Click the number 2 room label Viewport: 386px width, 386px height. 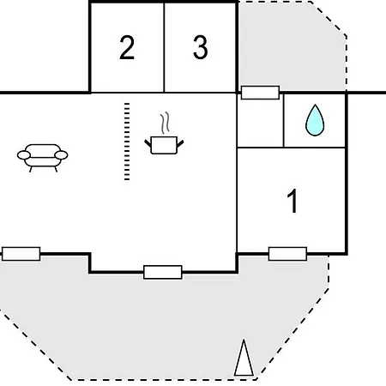coord(127,48)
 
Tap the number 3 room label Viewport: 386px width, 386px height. coord(200,48)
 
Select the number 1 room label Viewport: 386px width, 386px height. coord(293,202)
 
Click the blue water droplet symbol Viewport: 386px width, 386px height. coord(315,122)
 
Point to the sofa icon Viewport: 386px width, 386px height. coord(42,157)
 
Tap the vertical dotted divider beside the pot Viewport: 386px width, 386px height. coord(127,142)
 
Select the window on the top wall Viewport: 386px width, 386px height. coord(260,93)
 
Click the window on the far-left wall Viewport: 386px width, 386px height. coord(21,254)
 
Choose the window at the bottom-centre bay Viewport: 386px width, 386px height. coord(162,272)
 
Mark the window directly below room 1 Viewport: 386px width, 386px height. coord(287,253)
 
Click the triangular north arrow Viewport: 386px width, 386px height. coord(244,359)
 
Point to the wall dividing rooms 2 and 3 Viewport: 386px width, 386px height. coord(164,47)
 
